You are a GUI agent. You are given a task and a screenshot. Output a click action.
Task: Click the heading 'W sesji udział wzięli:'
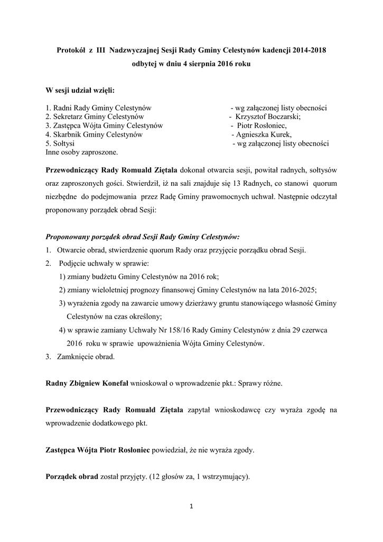(80, 90)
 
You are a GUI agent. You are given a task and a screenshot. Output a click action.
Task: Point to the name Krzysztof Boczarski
(268, 116)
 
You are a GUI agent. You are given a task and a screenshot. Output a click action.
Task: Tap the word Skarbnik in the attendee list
(70, 134)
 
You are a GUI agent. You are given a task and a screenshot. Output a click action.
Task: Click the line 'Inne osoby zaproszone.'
(82, 152)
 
